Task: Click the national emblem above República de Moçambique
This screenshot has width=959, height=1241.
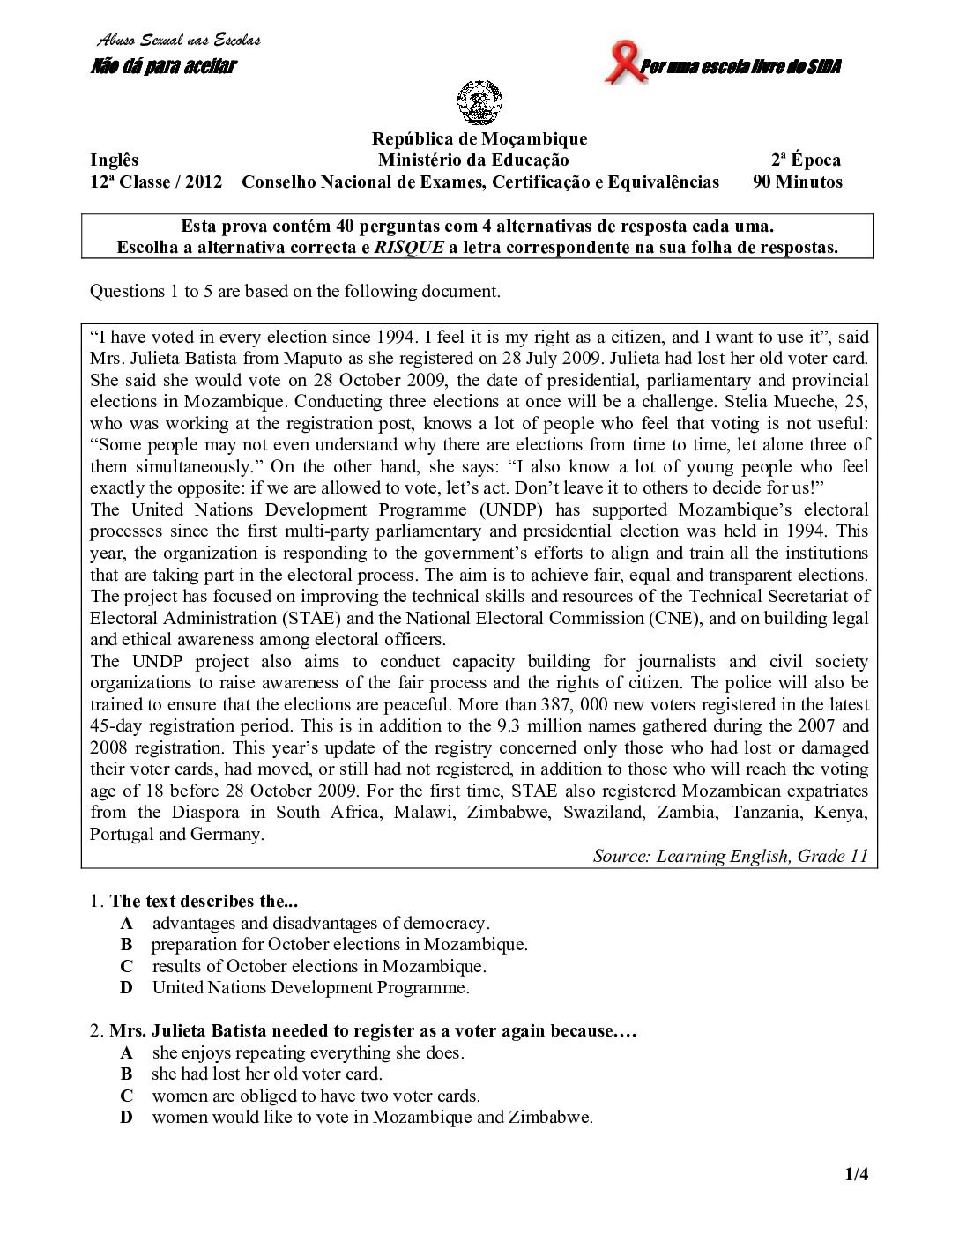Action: pos(479,103)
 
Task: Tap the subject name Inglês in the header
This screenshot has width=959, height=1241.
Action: pos(115,160)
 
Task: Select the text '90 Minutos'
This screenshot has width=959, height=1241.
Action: pos(797,182)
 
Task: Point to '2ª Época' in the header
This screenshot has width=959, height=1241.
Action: pos(806,160)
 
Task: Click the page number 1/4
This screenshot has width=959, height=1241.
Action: pos(857,1174)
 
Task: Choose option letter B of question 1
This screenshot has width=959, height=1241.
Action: pos(127,945)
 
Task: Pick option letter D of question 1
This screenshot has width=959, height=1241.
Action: pos(127,988)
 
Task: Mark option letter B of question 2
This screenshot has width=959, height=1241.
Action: pos(127,1074)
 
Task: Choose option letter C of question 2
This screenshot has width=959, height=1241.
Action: pos(127,1096)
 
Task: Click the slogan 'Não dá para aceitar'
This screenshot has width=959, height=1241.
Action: pos(164,66)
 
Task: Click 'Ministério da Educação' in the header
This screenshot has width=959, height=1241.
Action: pos(473,160)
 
